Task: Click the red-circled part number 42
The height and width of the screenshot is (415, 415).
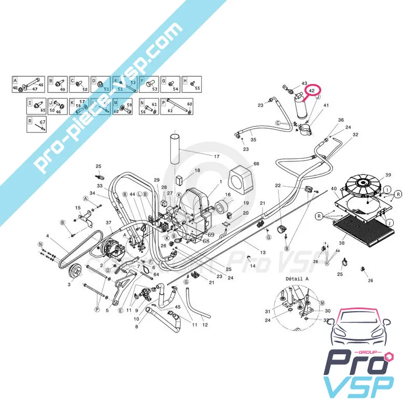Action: click(312, 91)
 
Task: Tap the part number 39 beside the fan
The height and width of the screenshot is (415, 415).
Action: click(388, 175)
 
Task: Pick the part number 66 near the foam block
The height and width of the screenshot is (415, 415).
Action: click(256, 164)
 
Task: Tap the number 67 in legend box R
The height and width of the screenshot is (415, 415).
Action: click(43, 122)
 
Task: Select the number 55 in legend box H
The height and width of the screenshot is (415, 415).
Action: click(197, 89)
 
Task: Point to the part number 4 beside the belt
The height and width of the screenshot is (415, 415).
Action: click(48, 237)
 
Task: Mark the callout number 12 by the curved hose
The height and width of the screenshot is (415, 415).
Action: click(205, 325)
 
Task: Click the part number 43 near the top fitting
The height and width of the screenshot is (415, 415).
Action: click(305, 84)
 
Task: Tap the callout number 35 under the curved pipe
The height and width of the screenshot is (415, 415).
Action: click(254, 140)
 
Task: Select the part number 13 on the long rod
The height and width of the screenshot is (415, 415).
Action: click(262, 253)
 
